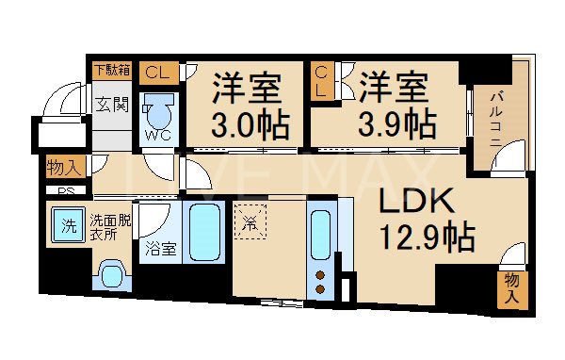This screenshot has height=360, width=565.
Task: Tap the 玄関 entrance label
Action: [x=110, y=103]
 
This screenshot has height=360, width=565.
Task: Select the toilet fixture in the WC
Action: [x=157, y=114]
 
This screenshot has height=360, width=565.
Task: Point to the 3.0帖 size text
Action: [x=249, y=123]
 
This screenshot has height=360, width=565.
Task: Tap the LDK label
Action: [x=417, y=200]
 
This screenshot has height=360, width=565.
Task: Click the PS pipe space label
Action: [x=65, y=191]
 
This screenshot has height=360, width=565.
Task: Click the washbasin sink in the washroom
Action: [x=111, y=274]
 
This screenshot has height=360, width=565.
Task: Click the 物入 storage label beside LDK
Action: [x=512, y=286]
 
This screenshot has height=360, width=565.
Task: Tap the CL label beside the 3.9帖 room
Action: [x=322, y=82]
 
